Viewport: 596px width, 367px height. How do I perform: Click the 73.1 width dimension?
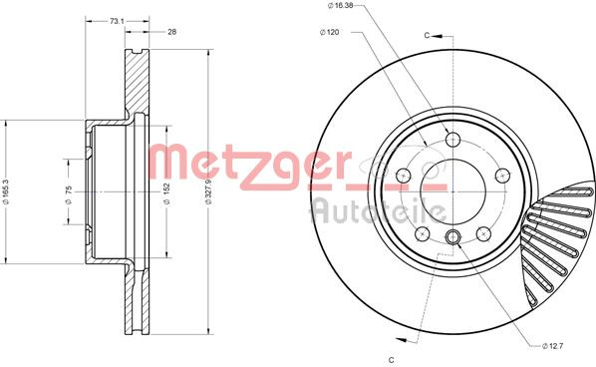[x=117, y=20]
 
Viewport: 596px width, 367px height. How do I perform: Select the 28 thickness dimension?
[x=171, y=32]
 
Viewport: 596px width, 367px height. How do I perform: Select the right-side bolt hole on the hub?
[x=502, y=175]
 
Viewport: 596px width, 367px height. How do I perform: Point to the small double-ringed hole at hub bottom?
[x=453, y=236]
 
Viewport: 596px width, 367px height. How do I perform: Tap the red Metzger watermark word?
[x=249, y=165]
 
